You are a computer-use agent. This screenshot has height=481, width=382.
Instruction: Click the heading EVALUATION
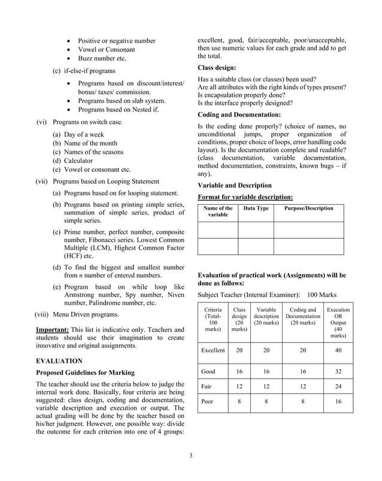pos(59,361)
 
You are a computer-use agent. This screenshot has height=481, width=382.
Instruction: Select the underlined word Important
pos(53,329)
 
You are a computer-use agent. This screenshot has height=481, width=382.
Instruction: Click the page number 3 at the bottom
pos(191,456)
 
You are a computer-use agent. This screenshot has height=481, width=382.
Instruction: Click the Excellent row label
pos(213,350)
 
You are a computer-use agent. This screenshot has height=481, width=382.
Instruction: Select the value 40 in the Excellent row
pos(338,350)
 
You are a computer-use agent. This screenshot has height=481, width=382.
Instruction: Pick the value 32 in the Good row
pos(338,371)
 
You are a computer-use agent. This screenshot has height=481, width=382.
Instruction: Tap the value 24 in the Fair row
pos(338,386)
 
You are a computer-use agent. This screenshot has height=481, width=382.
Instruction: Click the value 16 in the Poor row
pos(338,401)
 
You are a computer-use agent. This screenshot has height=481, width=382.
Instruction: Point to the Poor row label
pos(207,401)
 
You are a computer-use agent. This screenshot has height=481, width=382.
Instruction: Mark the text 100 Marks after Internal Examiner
pos(322,295)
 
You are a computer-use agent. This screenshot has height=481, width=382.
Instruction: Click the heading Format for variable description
pos(245,197)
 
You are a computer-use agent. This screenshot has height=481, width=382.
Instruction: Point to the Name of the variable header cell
pos(218,211)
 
